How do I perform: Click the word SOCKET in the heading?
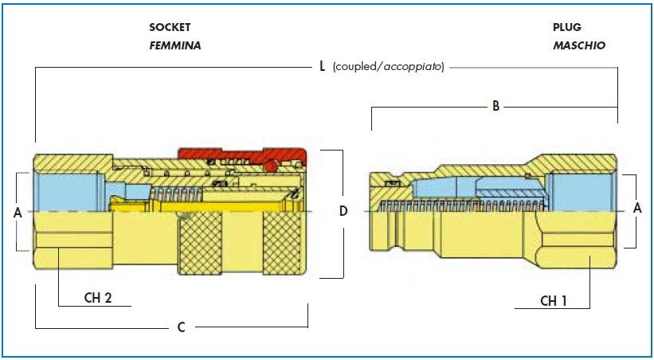[170, 28]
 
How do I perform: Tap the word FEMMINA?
[175, 45]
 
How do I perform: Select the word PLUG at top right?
[567, 28]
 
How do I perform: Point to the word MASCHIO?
[579, 45]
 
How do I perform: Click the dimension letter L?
[322, 67]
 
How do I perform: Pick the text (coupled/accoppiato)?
[388, 67]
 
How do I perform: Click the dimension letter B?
[495, 107]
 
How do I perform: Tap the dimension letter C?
[181, 327]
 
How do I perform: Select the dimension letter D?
[343, 211]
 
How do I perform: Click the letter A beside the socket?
[18, 213]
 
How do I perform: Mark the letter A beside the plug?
[637, 208]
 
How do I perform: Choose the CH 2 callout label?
[98, 298]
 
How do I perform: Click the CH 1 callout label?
[554, 301]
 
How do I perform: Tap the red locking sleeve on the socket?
[243, 155]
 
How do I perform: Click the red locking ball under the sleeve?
[271, 166]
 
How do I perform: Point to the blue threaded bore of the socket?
[68, 190]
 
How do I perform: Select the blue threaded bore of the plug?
[580, 192]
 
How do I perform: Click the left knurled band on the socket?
[200, 242]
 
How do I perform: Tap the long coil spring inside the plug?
[464, 205]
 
